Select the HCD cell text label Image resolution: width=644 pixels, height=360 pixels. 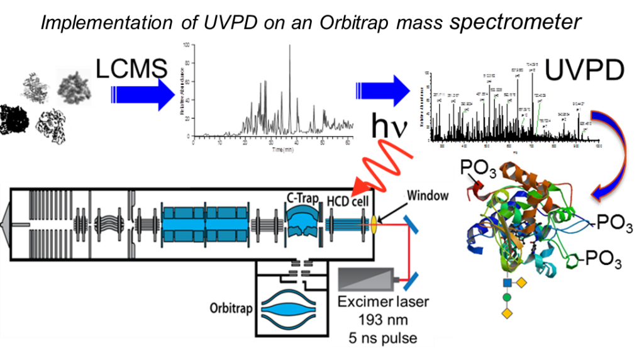[x=348, y=200]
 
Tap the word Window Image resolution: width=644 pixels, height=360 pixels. [x=428, y=196]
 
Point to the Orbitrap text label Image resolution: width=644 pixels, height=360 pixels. [x=231, y=310]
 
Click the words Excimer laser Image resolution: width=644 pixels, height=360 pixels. [x=383, y=301]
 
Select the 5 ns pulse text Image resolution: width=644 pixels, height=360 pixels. [x=383, y=337]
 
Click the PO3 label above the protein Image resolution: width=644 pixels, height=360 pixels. [x=476, y=168]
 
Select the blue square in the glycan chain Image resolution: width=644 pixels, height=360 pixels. [x=507, y=283]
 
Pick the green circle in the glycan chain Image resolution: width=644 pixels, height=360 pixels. [x=507, y=297]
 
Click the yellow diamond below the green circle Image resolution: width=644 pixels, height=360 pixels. [x=507, y=312]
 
